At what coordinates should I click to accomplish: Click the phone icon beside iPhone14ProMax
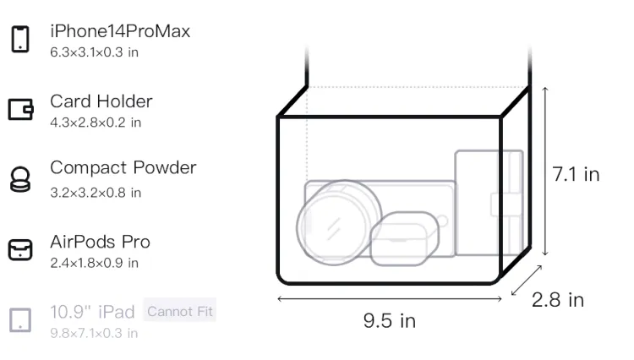tap(20, 39)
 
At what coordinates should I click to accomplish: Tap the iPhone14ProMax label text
tap(120, 31)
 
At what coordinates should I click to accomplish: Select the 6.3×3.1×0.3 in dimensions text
tap(94, 52)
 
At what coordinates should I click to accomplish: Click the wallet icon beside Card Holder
tap(20, 110)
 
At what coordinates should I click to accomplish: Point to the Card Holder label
tap(101, 101)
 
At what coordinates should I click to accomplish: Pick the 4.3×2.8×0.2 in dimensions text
tap(96, 123)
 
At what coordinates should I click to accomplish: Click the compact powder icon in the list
tap(20, 179)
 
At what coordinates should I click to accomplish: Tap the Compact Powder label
tap(123, 167)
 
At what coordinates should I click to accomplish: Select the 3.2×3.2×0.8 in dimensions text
tap(96, 193)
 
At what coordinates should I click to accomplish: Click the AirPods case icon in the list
tap(20, 249)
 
